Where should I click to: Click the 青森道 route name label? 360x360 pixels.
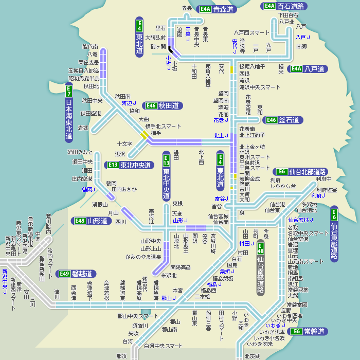point(223,9)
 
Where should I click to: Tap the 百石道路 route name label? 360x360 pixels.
point(291,6)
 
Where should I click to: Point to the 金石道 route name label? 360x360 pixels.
point(290,120)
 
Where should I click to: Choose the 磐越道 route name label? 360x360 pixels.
point(82,274)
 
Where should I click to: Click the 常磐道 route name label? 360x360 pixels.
point(313,331)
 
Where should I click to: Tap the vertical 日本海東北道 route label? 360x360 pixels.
point(69,119)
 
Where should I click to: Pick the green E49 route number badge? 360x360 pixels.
point(64,274)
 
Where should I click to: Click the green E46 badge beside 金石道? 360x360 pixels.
point(271,120)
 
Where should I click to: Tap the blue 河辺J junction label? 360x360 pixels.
point(129,103)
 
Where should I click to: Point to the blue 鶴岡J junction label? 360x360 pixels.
point(88,189)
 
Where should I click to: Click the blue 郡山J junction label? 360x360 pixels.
point(168,298)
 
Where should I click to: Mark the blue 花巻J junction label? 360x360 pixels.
point(219,120)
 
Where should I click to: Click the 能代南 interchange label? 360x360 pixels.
point(90,47)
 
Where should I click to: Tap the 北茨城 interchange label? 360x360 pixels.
point(252,356)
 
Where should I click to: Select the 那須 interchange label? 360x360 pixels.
point(121,356)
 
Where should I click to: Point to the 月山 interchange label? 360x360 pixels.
point(113,213)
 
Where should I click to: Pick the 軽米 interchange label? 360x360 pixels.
point(281,69)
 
